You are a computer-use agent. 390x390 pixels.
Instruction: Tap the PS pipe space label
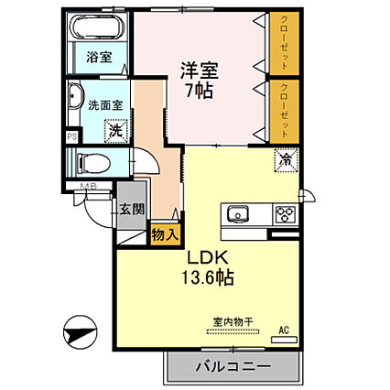click(x=71, y=137)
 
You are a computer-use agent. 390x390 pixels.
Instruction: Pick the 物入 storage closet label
click(x=165, y=235)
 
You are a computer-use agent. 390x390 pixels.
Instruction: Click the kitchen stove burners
click(x=285, y=215)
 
